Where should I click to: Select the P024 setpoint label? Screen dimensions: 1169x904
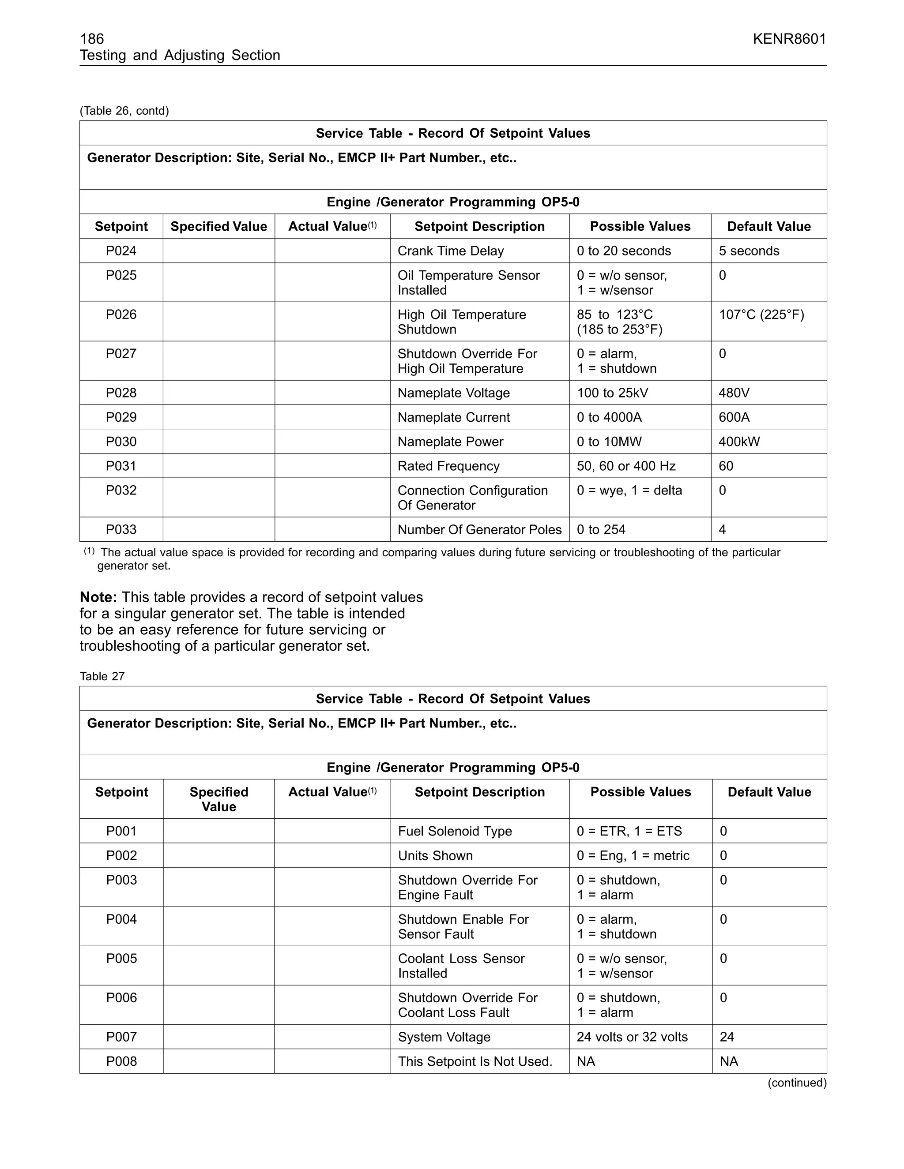coord(121,251)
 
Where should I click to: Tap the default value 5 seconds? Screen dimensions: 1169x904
coord(749,251)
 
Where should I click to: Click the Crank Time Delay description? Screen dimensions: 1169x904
coord(450,251)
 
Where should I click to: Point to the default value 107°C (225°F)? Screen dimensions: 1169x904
coord(761,314)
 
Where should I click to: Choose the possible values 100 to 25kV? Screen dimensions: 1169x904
coord(612,393)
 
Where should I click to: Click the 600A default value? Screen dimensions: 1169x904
coord(734,417)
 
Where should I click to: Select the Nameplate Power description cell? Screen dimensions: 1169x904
coord(450,442)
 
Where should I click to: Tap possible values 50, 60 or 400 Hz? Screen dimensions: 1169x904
coord(626,466)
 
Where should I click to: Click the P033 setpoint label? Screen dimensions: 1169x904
coord(121,529)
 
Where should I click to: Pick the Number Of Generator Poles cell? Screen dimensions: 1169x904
coord(479,529)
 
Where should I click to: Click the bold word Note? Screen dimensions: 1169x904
coord(98,597)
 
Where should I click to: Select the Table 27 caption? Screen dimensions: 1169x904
coord(102,676)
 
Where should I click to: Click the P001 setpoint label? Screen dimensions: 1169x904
coord(121,831)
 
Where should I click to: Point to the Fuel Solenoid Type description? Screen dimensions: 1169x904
coord(455,831)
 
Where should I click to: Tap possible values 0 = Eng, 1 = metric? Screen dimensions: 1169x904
coord(633,855)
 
